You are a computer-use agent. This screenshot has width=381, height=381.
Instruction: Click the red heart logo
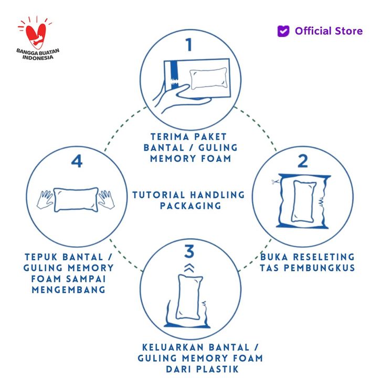click(36, 35)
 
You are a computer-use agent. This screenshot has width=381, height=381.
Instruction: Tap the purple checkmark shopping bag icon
click(283, 31)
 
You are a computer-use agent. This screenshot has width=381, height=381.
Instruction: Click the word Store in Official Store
click(348, 31)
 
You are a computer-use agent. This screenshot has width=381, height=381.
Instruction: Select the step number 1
click(189, 45)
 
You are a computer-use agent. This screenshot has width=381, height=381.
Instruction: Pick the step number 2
click(303, 161)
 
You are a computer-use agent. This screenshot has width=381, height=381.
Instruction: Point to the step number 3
click(189, 251)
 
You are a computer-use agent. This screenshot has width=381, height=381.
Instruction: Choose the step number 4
click(77, 161)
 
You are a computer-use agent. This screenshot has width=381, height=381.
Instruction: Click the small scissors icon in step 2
click(276, 182)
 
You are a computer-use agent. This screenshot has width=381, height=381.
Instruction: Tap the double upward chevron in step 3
click(189, 268)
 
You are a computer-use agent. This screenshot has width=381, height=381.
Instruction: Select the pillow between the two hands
click(76, 200)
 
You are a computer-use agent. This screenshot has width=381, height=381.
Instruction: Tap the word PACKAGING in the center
click(190, 206)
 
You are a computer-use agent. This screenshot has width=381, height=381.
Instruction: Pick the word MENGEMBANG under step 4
click(69, 290)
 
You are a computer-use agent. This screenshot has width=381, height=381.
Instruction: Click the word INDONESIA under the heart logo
click(38, 57)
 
